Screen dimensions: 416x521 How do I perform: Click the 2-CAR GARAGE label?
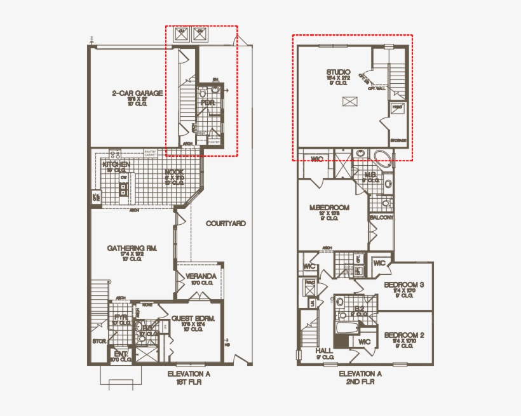(137, 93)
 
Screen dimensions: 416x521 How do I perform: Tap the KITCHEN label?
(116, 164)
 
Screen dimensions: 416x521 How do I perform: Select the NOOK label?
(174, 171)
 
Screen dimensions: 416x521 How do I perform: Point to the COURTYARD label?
(226, 224)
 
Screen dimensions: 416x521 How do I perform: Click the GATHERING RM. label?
(132, 248)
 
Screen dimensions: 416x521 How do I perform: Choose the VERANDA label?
(201, 276)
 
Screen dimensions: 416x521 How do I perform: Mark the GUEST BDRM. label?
(193, 318)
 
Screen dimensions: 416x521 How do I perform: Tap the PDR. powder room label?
(207, 102)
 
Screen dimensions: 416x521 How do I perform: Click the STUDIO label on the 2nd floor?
(339, 72)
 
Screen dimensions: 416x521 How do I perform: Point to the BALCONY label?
(381, 217)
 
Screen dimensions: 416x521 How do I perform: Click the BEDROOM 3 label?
(404, 285)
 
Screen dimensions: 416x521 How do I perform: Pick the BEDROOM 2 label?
(404, 335)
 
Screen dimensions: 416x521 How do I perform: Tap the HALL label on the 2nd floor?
(324, 350)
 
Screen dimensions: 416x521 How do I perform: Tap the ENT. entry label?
(119, 353)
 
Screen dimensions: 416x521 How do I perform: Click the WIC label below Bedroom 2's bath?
(364, 342)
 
